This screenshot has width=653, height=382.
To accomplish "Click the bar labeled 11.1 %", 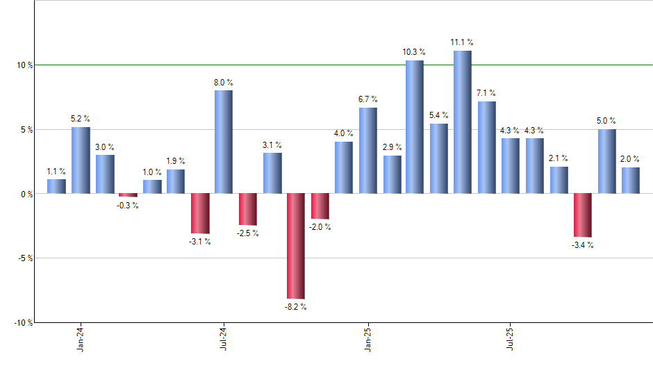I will tap(463, 122).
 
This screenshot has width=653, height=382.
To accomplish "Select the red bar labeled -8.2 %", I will tap(296, 246).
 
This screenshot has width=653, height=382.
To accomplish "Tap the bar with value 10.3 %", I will tap(415, 127).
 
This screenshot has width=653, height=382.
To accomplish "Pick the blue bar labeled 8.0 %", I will tap(224, 142).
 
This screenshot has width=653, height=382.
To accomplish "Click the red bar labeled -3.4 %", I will tap(583, 215).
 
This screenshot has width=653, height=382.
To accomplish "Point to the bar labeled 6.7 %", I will tap(368, 150).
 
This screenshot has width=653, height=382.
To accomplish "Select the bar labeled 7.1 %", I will tap(487, 147).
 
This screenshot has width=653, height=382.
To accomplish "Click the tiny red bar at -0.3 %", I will tap(128, 195).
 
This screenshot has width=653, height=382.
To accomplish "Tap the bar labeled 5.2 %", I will tap(81, 160).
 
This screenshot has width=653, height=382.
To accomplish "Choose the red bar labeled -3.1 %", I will tap(200, 213).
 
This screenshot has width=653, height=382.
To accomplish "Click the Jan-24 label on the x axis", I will tap(81, 338).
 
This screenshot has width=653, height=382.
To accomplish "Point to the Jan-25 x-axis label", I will tap(368, 338).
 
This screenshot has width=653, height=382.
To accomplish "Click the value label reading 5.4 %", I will tap(439, 115).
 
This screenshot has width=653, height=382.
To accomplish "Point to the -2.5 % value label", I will tap(248, 233).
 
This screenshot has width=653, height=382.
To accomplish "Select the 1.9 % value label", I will tap(176, 161).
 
